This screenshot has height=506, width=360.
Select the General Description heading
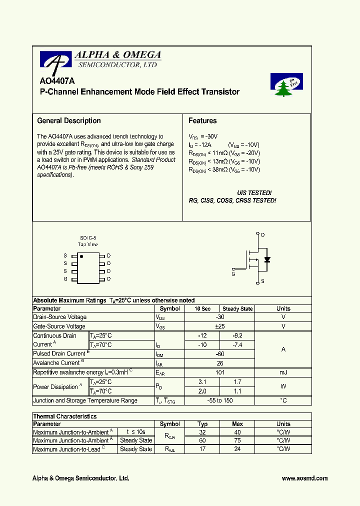[69, 120]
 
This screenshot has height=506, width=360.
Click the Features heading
[202, 120]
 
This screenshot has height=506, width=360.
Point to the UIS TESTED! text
[254, 192]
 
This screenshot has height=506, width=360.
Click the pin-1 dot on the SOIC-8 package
[81, 256]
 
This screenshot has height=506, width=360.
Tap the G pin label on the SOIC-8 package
[65, 279]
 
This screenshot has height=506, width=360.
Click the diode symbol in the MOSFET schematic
[267, 259]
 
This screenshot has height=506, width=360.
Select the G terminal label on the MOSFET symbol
[233, 274]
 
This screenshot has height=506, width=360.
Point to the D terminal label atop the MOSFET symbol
[263, 234]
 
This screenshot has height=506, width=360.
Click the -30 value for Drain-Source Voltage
[219, 317]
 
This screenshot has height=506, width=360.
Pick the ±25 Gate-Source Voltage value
[219, 326]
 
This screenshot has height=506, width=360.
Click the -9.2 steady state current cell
[237, 335]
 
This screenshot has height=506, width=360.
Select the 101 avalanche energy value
[219, 372]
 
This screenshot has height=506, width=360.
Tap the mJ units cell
[283, 372]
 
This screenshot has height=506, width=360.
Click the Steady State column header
[237, 309]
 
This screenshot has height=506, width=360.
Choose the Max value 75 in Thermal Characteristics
[237, 440]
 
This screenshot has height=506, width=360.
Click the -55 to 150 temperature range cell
[219, 400]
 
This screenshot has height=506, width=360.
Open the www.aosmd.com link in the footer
[304, 478]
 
